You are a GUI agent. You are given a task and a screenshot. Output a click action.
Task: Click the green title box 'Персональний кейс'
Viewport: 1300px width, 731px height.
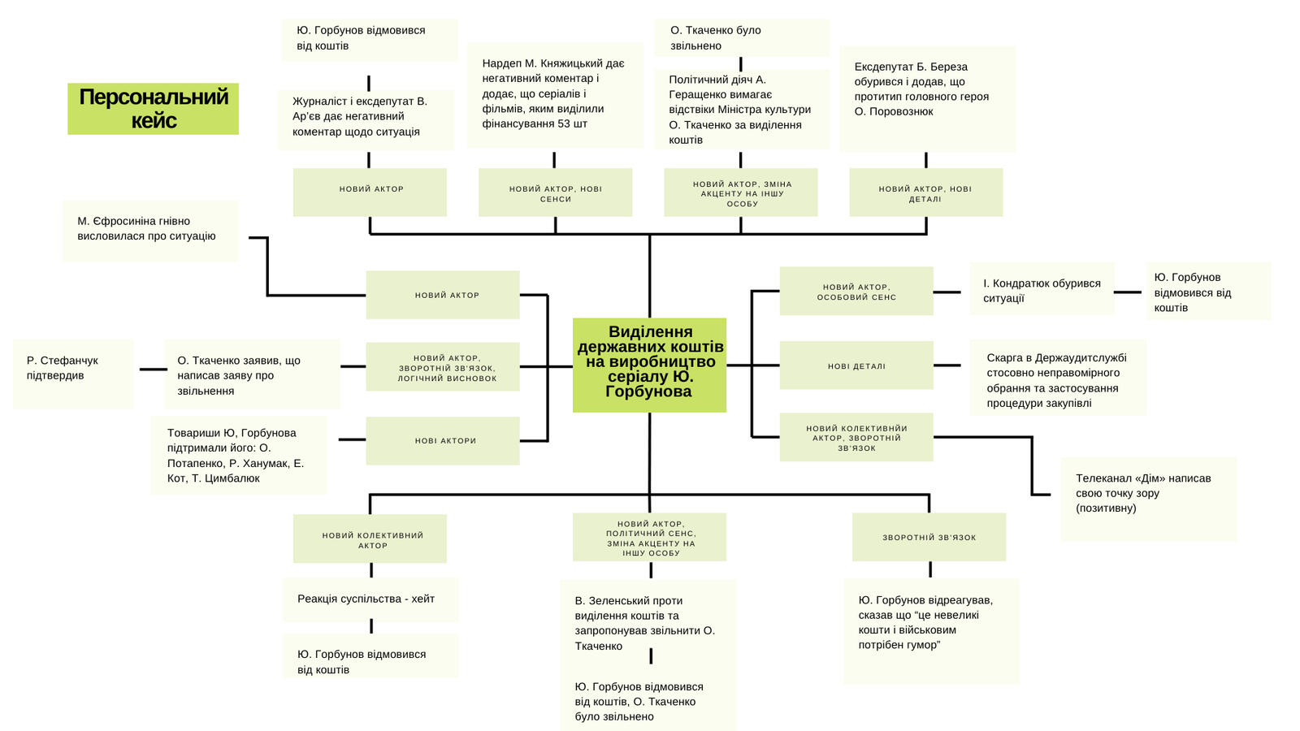pyautogui.click(x=153, y=109)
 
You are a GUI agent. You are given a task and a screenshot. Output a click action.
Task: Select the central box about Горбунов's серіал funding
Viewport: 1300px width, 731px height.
pyautogui.click(x=649, y=365)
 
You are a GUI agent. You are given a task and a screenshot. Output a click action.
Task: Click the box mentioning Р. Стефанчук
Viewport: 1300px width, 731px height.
pyautogui.click(x=73, y=373)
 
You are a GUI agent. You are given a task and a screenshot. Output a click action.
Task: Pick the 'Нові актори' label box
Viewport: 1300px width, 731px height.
pyautogui.click(x=443, y=441)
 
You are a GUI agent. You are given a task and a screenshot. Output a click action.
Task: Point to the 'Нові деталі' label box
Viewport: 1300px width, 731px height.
pyautogui.click(x=856, y=365)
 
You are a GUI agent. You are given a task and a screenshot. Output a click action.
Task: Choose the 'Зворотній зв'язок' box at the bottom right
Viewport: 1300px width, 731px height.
pyautogui.click(x=929, y=537)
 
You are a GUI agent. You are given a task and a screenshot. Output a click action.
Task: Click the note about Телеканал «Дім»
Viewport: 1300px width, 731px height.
pyautogui.click(x=1148, y=498)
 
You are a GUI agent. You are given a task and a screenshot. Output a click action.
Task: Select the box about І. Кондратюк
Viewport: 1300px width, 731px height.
pyautogui.click(x=1042, y=290)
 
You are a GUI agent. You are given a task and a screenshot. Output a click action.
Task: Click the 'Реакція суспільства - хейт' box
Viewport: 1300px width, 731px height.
pyautogui.click(x=370, y=599)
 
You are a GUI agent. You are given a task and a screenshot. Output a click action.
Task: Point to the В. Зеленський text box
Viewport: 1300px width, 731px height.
pyautogui.click(x=648, y=623)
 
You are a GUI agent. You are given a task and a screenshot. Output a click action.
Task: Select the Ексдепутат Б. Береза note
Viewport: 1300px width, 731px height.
pyautogui.click(x=927, y=97)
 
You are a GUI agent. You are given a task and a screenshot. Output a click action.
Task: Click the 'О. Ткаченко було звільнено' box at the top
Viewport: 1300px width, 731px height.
pyautogui.click(x=742, y=38)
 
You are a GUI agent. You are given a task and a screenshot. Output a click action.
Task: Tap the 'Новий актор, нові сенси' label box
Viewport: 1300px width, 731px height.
pyautogui.click(x=555, y=192)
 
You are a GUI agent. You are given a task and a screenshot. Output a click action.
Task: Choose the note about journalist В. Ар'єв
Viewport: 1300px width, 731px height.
pyautogui.click(x=366, y=119)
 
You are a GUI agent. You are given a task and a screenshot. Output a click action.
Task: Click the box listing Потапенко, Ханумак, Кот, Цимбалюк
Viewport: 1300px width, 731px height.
pyautogui.click(x=239, y=455)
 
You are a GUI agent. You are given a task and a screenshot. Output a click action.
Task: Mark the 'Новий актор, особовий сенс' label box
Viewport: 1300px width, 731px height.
pyautogui.click(x=856, y=291)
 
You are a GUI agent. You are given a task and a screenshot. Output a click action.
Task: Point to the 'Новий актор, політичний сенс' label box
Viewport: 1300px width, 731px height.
pyautogui.click(x=649, y=537)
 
